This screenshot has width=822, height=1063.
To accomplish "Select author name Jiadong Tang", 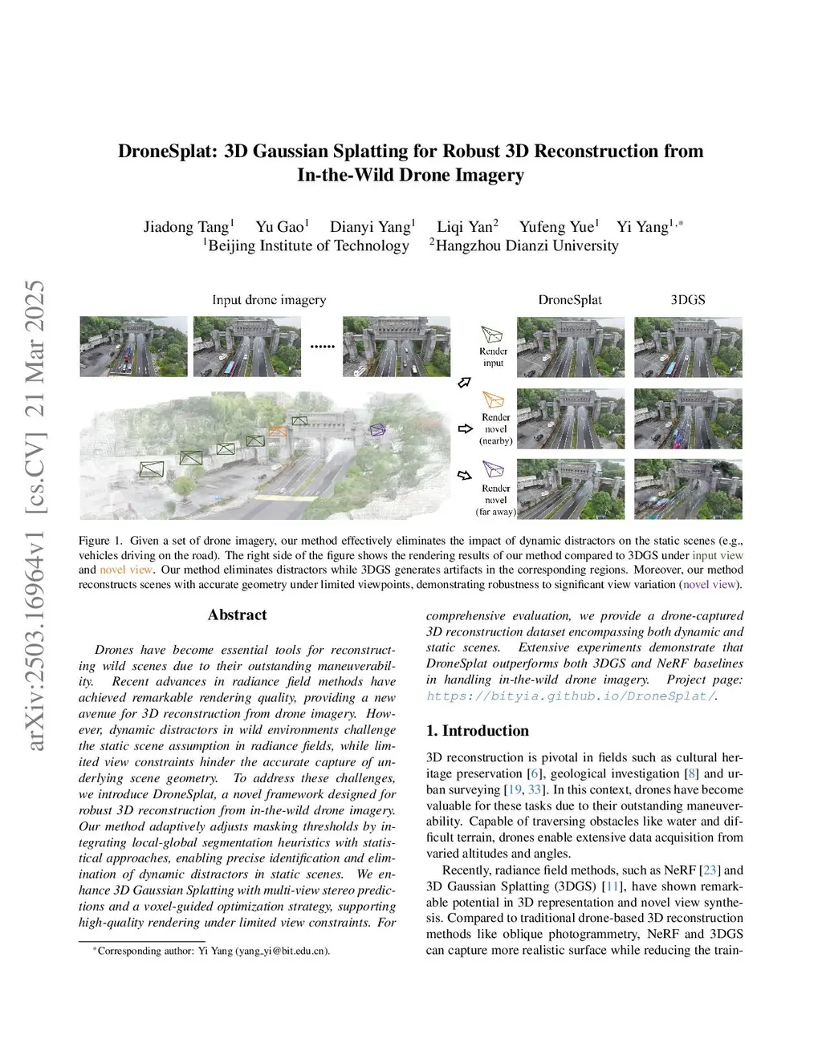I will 186,227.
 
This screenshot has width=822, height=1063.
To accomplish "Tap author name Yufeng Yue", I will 557,227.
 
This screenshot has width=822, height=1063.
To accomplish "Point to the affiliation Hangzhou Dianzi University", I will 526,246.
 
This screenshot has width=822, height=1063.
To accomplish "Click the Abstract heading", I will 237,615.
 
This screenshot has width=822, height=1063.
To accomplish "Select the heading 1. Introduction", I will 477,731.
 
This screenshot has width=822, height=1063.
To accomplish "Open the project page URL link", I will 570,696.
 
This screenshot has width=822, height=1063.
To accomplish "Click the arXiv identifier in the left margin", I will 35,517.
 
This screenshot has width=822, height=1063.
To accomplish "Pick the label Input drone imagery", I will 269,300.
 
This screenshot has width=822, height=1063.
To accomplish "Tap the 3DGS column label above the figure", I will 688,300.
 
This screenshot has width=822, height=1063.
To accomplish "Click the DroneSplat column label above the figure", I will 570,300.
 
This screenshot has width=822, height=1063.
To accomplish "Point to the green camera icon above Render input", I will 491,335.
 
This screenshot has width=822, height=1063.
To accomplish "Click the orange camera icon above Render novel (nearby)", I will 493,400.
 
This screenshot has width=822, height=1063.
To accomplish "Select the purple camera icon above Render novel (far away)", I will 492,469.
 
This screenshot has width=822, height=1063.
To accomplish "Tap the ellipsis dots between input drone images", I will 322,347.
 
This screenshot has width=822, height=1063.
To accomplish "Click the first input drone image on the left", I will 133,347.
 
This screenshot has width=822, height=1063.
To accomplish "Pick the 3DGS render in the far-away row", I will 688,489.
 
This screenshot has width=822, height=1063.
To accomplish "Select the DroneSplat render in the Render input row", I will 570,347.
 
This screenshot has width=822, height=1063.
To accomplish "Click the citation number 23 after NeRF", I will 710,870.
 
